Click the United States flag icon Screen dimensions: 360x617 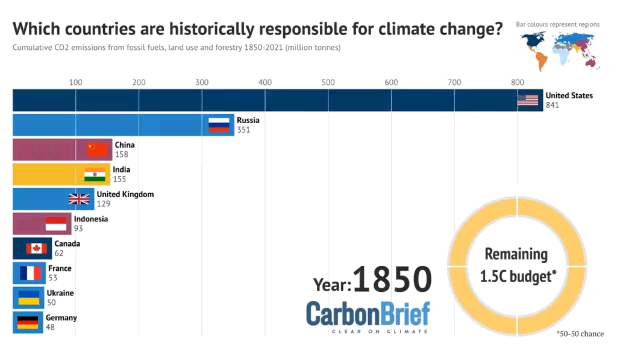coord(527,100)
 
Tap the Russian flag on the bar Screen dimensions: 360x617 coord(219,125)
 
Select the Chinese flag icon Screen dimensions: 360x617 coord(96,150)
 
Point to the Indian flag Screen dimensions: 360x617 coord(95,174)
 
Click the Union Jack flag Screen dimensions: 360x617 coord(79,199)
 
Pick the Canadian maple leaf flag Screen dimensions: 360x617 coord(36,248)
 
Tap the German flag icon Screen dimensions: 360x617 coord(28,323)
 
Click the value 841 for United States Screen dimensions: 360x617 coord(553,106)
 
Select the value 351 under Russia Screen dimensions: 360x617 coord(243,130)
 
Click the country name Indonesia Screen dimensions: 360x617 coord(91,219)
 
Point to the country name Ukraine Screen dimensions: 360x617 coord(60,293)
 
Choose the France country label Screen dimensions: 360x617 coord(60,268)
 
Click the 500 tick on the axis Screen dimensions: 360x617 coord(328,83)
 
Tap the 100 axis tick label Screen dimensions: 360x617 coord(75,83)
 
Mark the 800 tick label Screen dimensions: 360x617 coord(517,83)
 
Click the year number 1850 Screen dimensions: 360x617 coord(392,280)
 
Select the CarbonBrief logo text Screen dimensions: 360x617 coord(368,314)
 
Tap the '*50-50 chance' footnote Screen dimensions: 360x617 coord(580,333)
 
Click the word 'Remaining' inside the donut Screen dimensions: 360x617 coord(516,254)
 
